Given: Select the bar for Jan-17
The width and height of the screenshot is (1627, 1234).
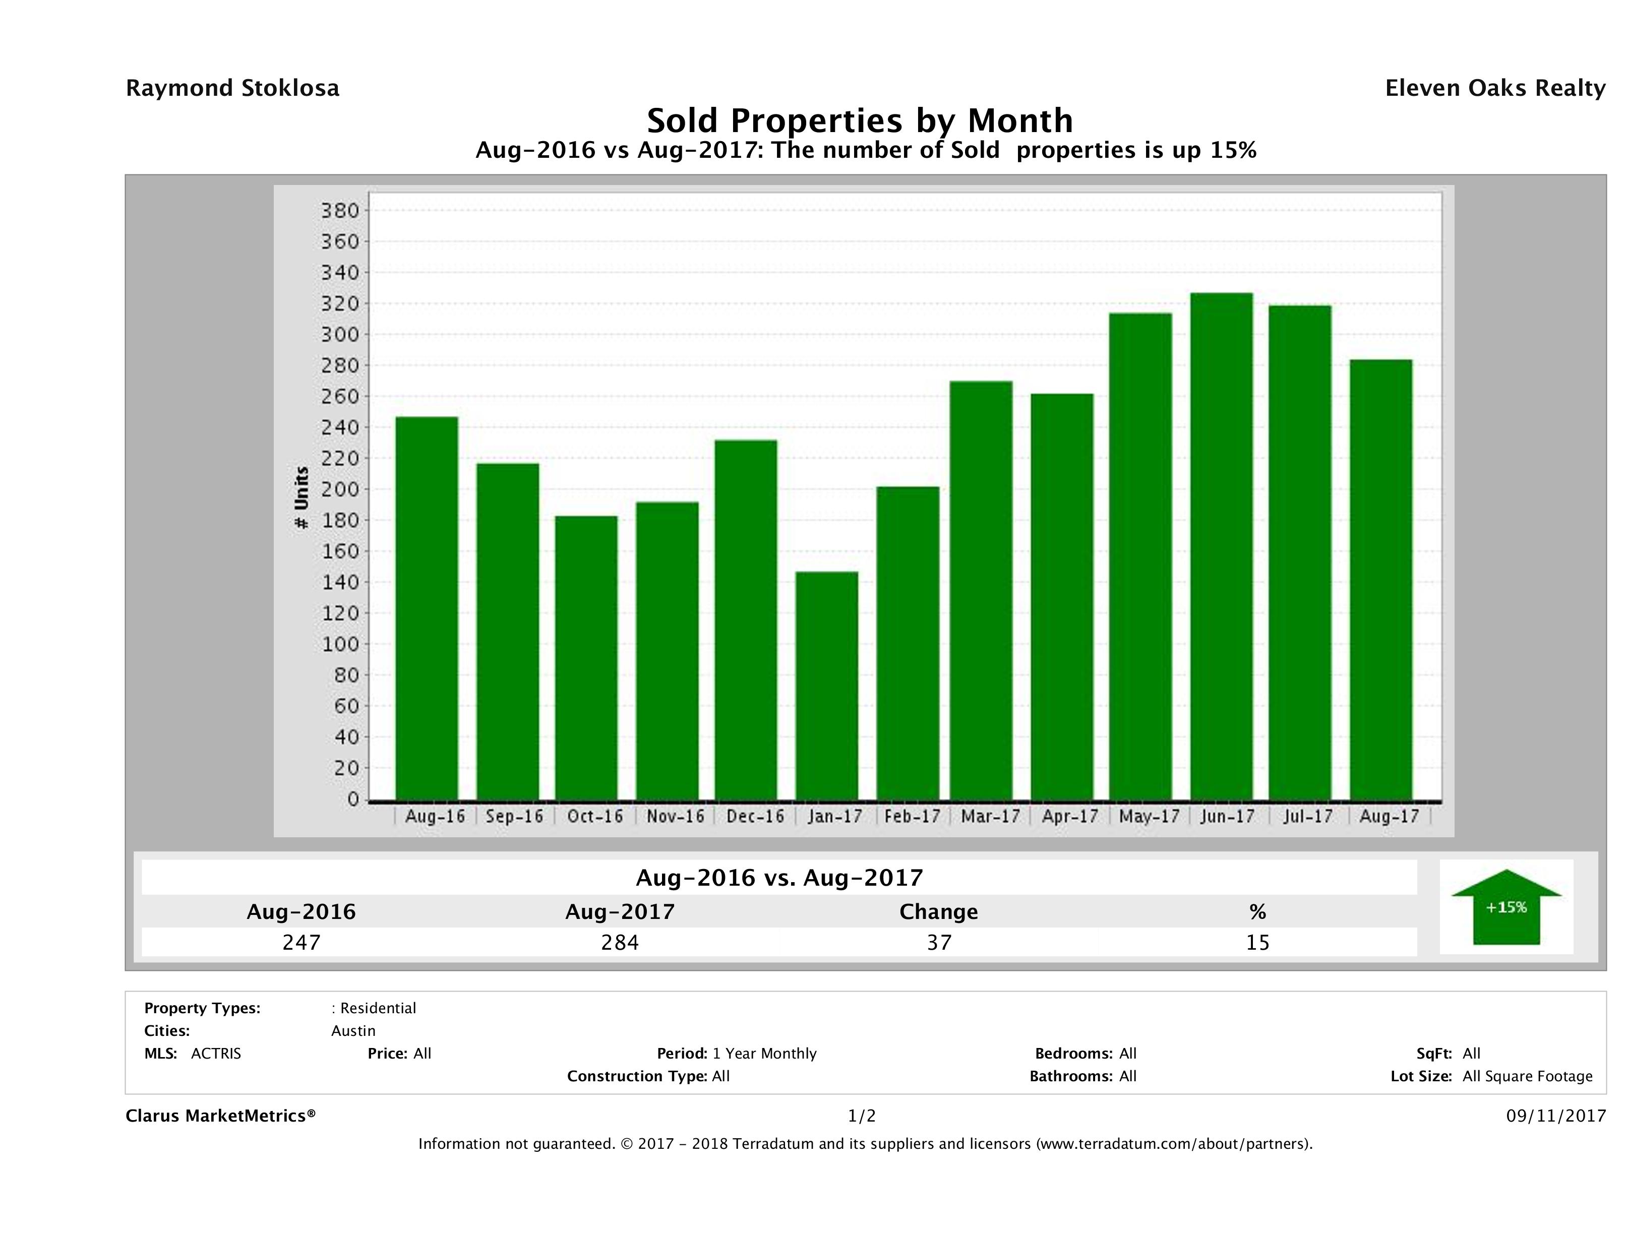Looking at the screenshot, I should point(827,686).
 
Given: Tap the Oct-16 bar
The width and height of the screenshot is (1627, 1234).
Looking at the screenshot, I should point(586,657).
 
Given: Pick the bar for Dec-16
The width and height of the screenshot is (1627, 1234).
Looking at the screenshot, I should point(746,619).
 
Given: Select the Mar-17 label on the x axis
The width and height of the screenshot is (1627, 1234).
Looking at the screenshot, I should point(990,816).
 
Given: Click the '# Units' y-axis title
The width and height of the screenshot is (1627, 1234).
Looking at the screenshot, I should point(301,498).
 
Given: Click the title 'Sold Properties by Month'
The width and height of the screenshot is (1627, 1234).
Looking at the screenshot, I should point(859,120).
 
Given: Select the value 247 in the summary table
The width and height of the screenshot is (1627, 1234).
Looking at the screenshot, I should point(301,942).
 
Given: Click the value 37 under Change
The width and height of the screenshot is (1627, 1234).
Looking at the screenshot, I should point(939,942).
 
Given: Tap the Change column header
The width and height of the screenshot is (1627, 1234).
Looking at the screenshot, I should point(939,912).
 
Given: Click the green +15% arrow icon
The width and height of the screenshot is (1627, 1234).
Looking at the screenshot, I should point(1505,907).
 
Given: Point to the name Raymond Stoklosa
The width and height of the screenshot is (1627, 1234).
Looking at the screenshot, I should point(232,88).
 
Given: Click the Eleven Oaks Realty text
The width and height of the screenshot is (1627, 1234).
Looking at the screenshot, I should point(1494,88).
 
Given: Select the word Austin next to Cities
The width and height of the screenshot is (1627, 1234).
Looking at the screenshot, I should point(353,1031).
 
